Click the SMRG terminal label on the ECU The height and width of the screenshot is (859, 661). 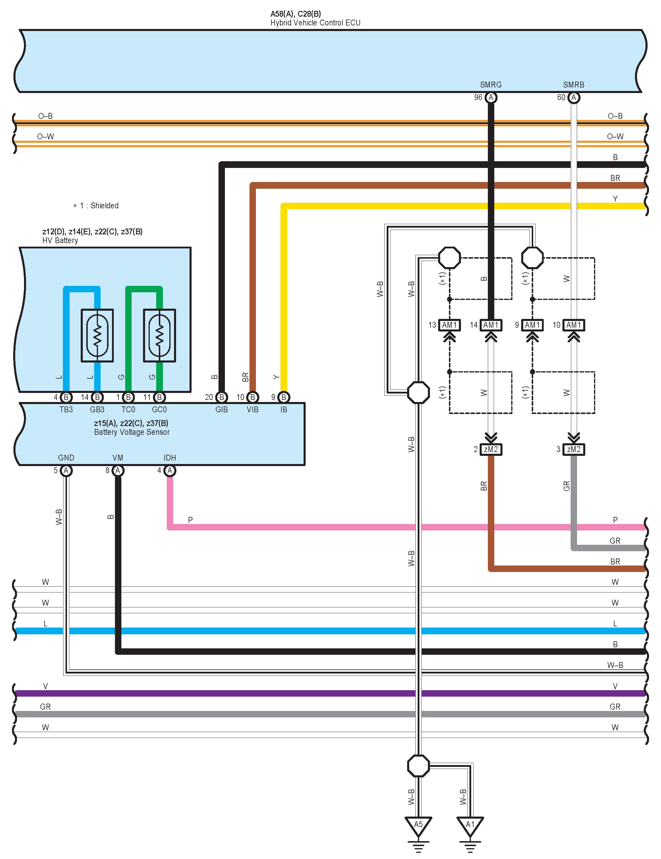point(490,85)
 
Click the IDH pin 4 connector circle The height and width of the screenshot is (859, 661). point(169,470)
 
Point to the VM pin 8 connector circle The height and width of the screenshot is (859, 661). point(118,470)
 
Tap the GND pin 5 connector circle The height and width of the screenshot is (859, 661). point(66,470)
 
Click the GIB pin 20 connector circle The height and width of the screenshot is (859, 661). point(221,397)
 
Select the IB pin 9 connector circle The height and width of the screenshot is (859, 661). point(283,397)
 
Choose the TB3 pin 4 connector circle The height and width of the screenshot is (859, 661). point(66,397)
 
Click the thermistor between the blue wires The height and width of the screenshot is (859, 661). point(97,336)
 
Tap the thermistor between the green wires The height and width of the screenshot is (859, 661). point(159,336)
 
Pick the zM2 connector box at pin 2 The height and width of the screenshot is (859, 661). point(491,449)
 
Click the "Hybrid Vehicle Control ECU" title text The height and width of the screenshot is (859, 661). point(315,23)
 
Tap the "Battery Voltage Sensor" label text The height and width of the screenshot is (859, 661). point(132,432)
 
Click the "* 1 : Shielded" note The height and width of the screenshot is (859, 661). point(96,205)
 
